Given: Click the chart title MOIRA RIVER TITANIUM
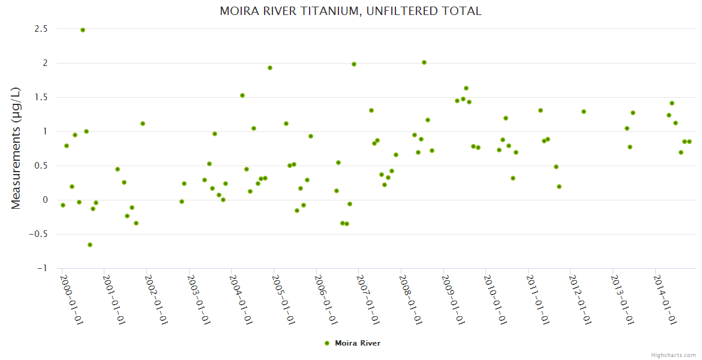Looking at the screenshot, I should [x=350, y=11].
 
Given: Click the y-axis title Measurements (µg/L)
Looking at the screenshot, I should [x=16, y=148].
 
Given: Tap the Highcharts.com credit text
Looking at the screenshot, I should [x=673, y=355].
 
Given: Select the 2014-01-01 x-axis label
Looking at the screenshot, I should [x=665, y=300].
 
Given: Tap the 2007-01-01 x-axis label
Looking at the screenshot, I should [x=368, y=300].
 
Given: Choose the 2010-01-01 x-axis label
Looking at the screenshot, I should [x=495, y=300].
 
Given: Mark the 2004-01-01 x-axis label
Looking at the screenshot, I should [x=241, y=300].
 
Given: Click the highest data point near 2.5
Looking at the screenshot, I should [x=83, y=30].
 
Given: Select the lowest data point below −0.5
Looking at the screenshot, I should [x=90, y=245].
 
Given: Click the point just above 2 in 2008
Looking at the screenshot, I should [x=424, y=62].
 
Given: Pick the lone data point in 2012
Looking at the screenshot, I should [x=584, y=112].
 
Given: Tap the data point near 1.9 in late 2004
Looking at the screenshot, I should [x=270, y=68].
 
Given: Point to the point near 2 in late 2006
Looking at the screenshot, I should [x=354, y=64].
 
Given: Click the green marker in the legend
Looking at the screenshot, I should [x=327, y=343].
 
